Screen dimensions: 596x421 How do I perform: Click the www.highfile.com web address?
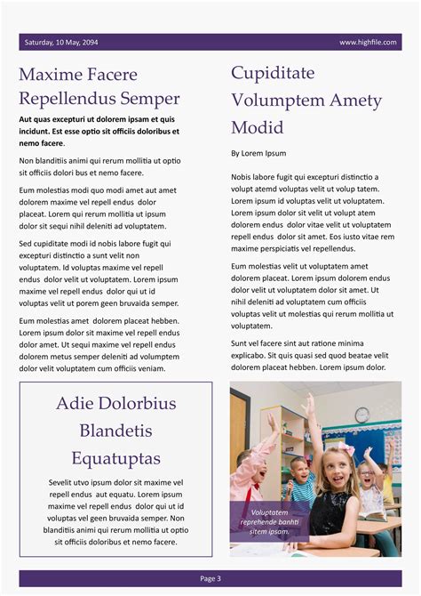(367, 42)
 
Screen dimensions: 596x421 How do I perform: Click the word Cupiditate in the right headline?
(273, 73)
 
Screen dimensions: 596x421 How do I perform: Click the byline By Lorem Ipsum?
(258, 153)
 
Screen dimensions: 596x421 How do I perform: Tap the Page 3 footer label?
(210, 578)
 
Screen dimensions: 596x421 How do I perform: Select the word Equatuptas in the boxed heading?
(116, 459)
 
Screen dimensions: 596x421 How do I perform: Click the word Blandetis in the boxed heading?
(116, 431)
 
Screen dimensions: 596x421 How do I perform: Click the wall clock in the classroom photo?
(361, 415)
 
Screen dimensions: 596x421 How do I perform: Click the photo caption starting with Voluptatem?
(269, 522)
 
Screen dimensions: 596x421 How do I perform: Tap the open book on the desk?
(372, 515)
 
